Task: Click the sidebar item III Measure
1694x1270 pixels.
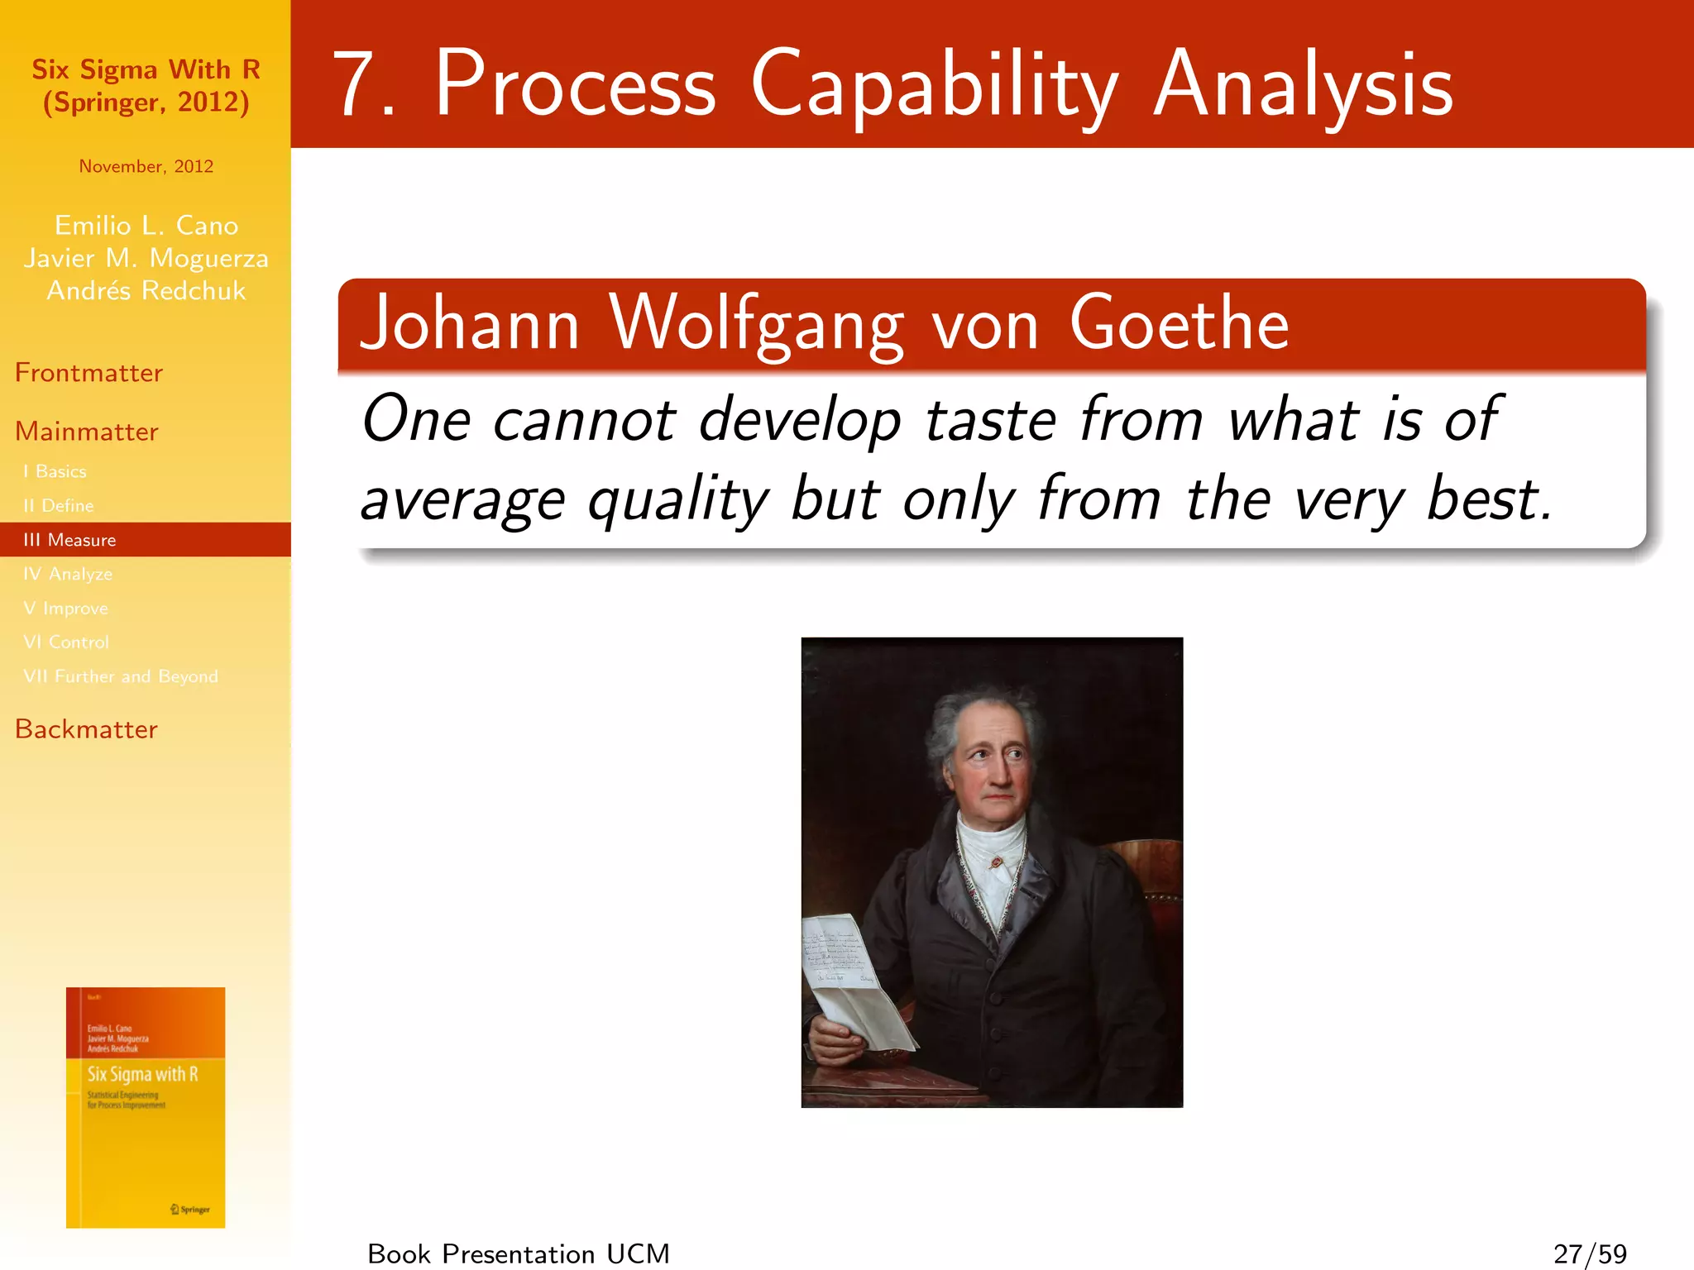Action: click(x=70, y=540)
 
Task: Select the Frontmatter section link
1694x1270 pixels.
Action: click(x=89, y=373)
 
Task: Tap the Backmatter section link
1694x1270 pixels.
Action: click(x=86, y=729)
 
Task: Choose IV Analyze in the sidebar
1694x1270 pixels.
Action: click(x=68, y=574)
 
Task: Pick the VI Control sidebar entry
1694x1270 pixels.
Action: click(x=66, y=642)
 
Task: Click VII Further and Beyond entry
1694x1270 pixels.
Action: click(x=121, y=676)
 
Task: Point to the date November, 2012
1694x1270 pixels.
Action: click(x=146, y=166)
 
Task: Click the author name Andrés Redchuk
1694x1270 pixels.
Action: click(x=146, y=291)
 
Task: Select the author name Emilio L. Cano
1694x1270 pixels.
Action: click(x=146, y=225)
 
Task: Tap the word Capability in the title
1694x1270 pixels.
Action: click(x=934, y=85)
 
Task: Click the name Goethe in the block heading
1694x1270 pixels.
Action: click(x=1179, y=324)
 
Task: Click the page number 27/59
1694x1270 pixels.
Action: click(x=1589, y=1253)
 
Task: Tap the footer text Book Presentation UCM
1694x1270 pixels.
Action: click(x=519, y=1253)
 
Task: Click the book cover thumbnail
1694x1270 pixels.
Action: click(x=146, y=1107)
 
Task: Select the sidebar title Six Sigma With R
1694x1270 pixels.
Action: click(x=146, y=70)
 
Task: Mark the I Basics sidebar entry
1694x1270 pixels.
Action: click(x=55, y=471)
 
